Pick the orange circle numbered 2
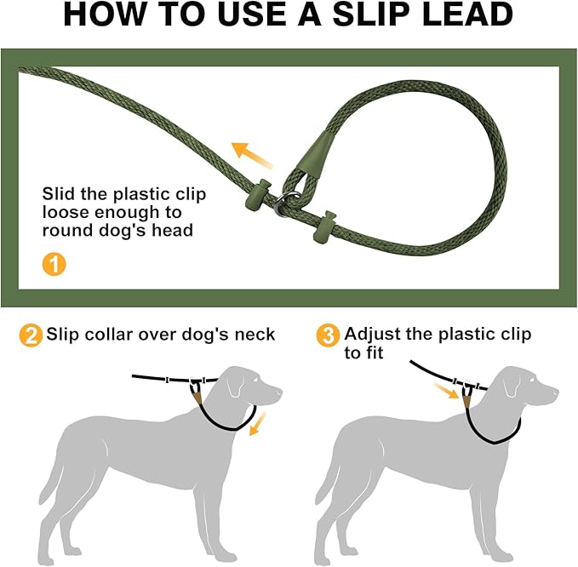click(x=30, y=335)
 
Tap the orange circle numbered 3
click(x=327, y=335)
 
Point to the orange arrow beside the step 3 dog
click(x=445, y=392)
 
